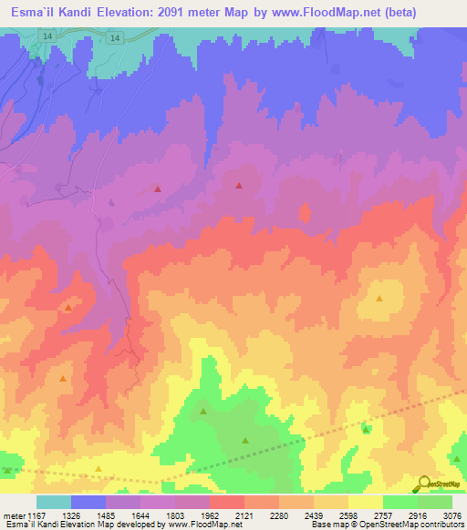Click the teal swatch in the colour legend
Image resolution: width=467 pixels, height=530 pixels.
pos(53,502)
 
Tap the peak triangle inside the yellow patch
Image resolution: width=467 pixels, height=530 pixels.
pos(379,298)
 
